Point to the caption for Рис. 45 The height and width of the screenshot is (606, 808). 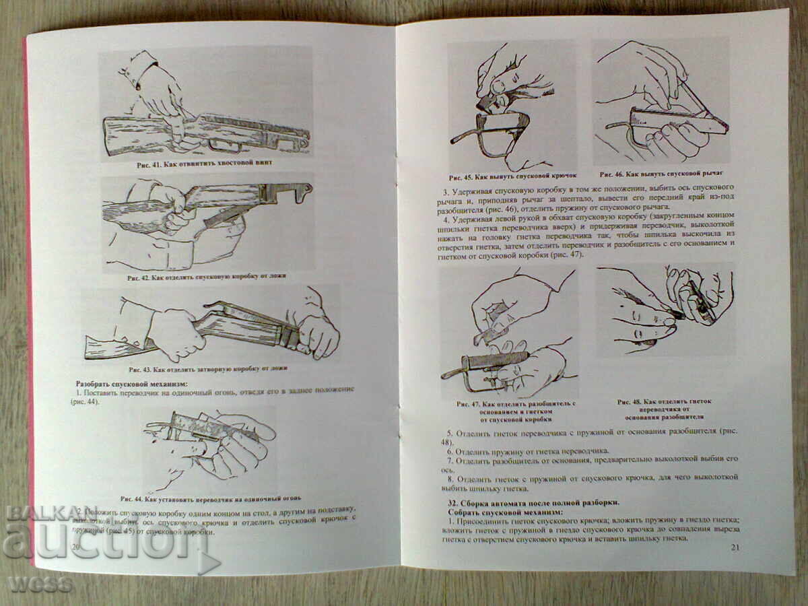coord(512,177)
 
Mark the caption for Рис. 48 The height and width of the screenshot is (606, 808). coord(664,409)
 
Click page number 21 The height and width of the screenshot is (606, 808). coord(735,547)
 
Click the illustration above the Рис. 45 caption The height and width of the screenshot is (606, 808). coord(512,106)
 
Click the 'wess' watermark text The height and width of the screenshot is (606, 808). coord(39,583)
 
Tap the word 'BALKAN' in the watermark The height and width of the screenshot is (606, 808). coord(43,513)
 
